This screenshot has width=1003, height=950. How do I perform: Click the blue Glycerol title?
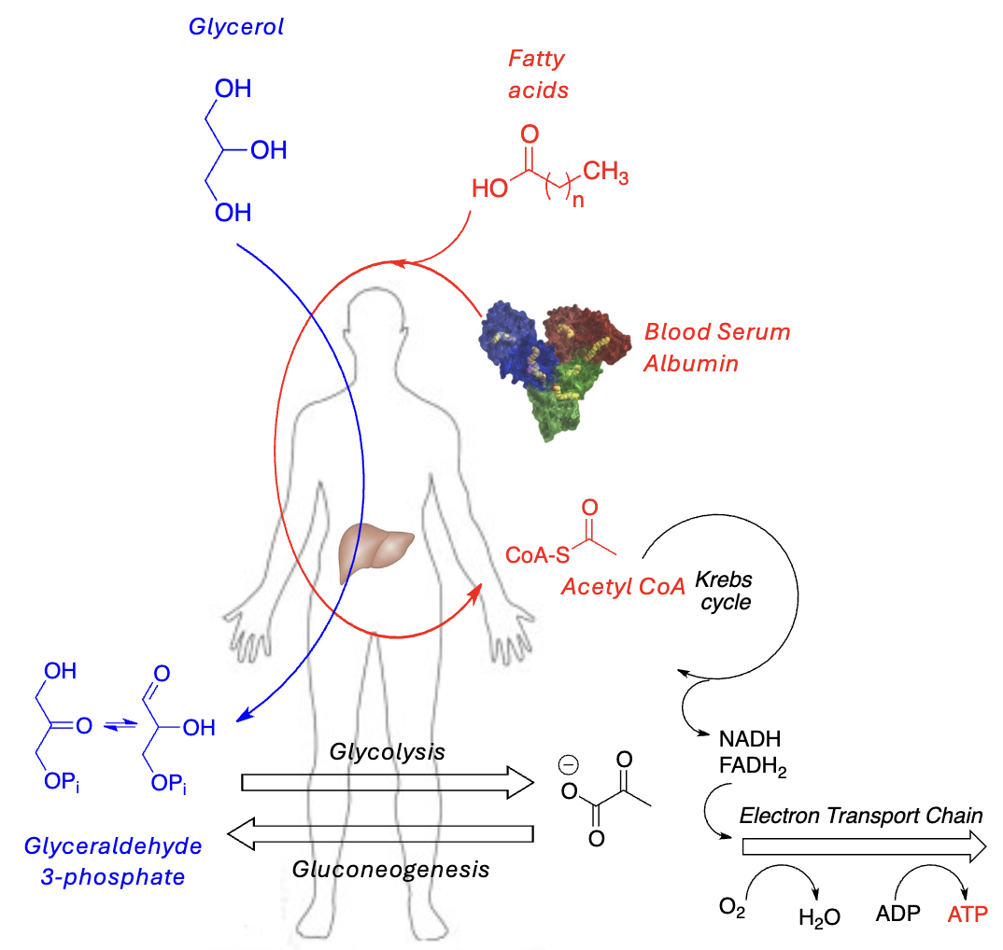tap(235, 28)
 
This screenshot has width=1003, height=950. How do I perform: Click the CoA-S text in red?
tap(537, 556)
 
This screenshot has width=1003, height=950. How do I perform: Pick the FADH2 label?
tap(754, 769)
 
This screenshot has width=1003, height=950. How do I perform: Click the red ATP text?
tap(967, 914)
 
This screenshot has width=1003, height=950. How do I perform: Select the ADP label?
tap(897, 914)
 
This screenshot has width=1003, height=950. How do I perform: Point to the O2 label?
tap(731, 907)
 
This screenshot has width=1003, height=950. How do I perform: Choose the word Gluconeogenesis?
tap(390, 870)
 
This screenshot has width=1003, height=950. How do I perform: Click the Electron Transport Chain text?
tap(861, 817)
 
